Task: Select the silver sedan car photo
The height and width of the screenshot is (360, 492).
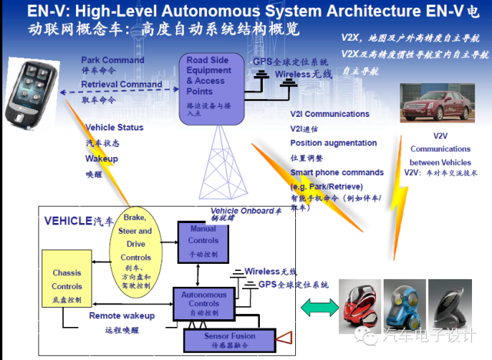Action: point(434,100)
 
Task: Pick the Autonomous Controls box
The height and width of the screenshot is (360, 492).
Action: point(199,302)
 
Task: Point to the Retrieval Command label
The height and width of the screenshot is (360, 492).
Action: point(121,85)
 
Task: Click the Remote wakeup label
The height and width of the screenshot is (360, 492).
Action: point(121,315)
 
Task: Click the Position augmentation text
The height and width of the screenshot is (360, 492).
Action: point(334,143)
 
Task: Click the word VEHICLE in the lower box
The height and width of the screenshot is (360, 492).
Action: point(68,220)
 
